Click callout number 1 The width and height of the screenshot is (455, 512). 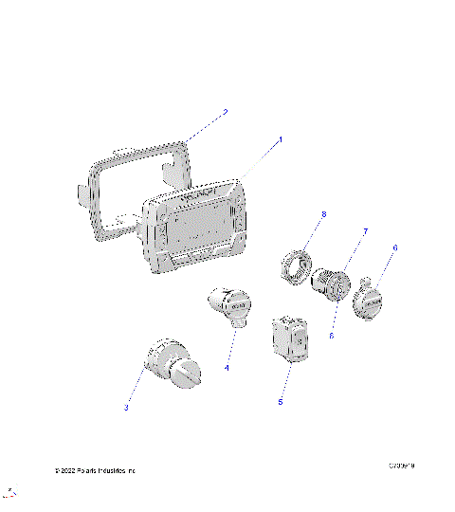[x=280, y=139]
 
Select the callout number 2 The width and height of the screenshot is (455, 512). [x=225, y=112]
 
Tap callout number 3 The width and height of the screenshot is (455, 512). [x=125, y=408]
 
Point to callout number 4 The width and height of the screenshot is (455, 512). [x=227, y=367]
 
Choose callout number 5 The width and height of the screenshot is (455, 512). [x=280, y=402]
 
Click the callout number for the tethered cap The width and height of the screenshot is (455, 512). [x=395, y=247]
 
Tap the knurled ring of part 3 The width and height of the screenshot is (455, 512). [x=163, y=359]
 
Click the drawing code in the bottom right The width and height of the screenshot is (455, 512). [x=403, y=466]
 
